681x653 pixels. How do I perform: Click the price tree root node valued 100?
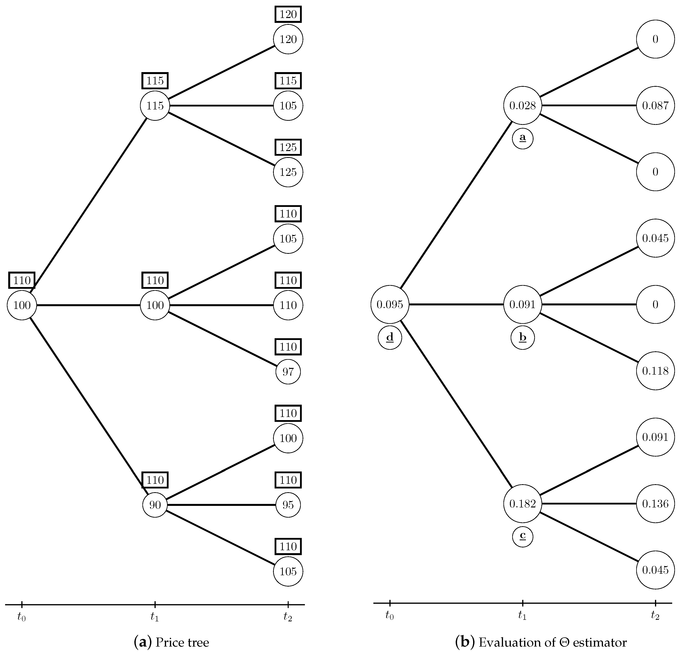click(x=22, y=305)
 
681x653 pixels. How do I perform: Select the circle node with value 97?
click(x=288, y=372)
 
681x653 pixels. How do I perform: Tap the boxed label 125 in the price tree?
click(x=288, y=147)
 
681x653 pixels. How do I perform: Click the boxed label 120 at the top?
click(x=288, y=14)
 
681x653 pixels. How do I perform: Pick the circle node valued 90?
click(x=155, y=505)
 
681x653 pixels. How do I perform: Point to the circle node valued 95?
click(x=288, y=505)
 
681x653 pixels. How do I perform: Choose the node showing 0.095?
click(x=390, y=304)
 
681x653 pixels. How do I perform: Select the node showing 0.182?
click(x=523, y=503)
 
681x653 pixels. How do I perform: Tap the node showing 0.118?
click(x=655, y=371)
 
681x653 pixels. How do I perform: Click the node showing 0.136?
click(x=655, y=503)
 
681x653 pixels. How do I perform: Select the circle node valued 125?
click(x=288, y=172)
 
